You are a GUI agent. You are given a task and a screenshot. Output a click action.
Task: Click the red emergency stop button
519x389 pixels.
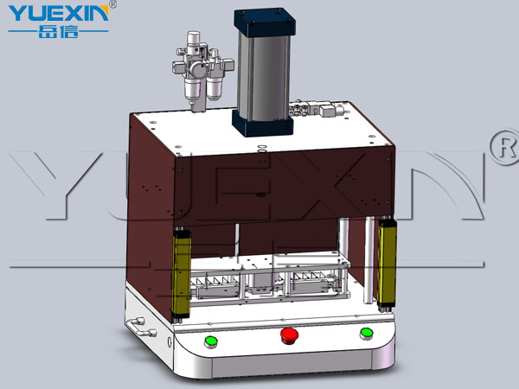tap(289, 335)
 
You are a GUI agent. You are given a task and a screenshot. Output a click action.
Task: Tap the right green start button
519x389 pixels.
tap(367, 334)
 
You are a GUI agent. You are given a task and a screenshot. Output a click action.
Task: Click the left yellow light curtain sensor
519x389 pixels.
tap(181, 275)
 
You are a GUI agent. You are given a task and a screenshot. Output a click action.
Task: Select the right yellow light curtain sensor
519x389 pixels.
tap(387, 262)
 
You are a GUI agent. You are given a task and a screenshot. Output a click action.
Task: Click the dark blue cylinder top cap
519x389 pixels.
tap(265, 22)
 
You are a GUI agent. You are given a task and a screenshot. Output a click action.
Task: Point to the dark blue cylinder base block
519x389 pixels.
tap(263, 124)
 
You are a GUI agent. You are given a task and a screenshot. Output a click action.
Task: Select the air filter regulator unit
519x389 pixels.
tap(202, 69)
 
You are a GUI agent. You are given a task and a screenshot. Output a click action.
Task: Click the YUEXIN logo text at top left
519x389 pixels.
tap(59, 14)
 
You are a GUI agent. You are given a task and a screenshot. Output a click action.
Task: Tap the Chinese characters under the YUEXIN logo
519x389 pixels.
tap(59, 32)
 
